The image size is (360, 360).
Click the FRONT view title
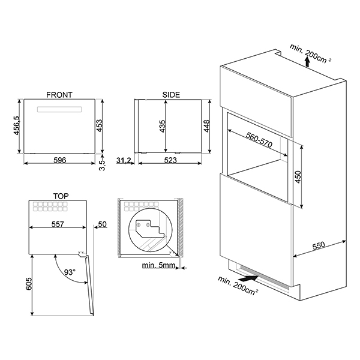point(59,95)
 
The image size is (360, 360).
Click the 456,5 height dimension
point(17,128)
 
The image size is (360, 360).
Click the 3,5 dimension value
point(102,163)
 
